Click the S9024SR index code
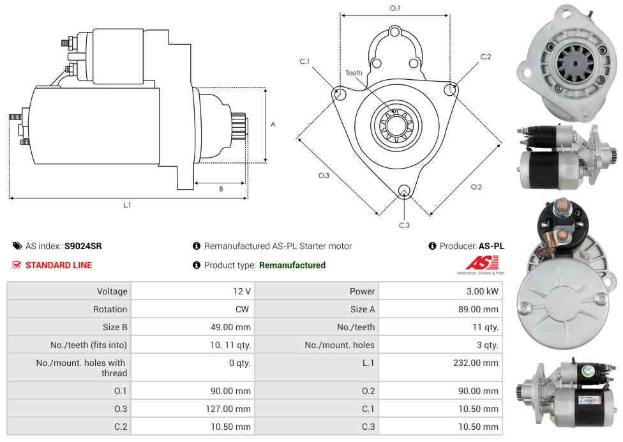click(83, 246)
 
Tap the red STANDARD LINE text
click(59, 265)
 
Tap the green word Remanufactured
click(292, 265)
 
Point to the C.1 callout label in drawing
click(304, 61)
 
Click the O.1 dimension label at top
click(395, 8)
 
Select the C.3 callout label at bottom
click(404, 225)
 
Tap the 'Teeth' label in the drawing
click(354, 73)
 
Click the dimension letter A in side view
click(273, 125)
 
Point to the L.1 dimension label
click(127, 205)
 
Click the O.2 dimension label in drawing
click(476, 187)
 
